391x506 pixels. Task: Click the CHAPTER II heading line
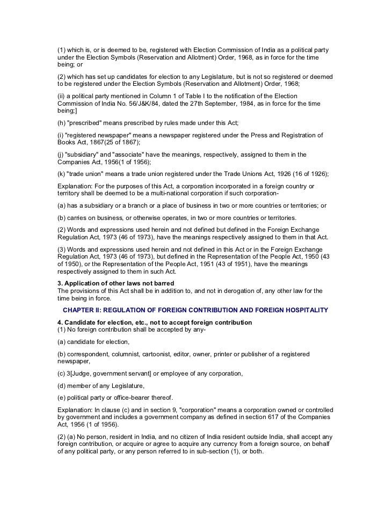[195, 311]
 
